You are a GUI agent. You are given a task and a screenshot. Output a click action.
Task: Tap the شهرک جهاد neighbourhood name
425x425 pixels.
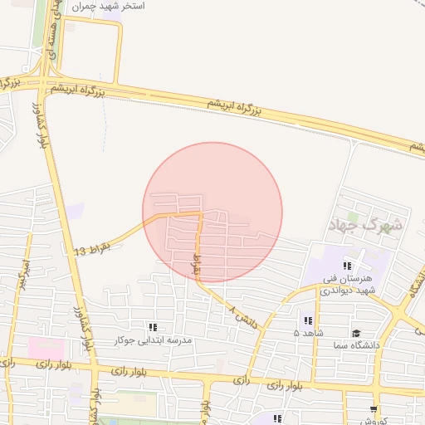pyautogui.click(x=366, y=225)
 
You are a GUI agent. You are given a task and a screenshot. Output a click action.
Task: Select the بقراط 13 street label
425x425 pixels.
pyautogui.click(x=91, y=248)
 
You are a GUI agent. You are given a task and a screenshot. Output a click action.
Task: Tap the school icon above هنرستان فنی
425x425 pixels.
pyautogui.click(x=346, y=266)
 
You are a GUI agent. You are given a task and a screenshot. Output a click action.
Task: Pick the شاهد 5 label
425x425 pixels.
pyautogui.click(x=308, y=333)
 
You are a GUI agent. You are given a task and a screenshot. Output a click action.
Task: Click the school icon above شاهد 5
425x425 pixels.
pyautogui.click(x=308, y=320)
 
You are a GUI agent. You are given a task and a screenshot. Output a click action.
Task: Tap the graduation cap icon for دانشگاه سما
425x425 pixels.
pyautogui.click(x=355, y=334)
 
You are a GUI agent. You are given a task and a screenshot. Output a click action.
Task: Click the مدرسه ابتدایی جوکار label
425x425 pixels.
pyautogui.click(x=153, y=340)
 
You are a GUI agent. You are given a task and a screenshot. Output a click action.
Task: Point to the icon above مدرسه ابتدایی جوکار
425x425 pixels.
pyautogui.click(x=153, y=328)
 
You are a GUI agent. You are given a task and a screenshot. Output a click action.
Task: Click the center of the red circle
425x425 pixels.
pyautogui.click(x=212, y=212)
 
